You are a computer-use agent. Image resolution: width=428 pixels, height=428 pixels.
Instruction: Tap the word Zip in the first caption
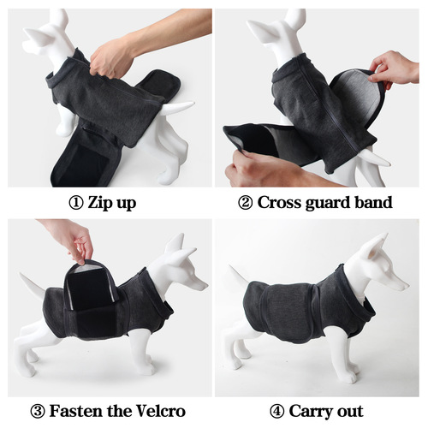101,204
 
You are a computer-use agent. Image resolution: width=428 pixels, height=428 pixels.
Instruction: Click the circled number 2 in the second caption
244,204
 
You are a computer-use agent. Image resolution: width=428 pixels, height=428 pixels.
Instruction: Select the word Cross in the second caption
279,204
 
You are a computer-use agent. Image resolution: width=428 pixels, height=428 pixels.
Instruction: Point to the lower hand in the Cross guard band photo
248,171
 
